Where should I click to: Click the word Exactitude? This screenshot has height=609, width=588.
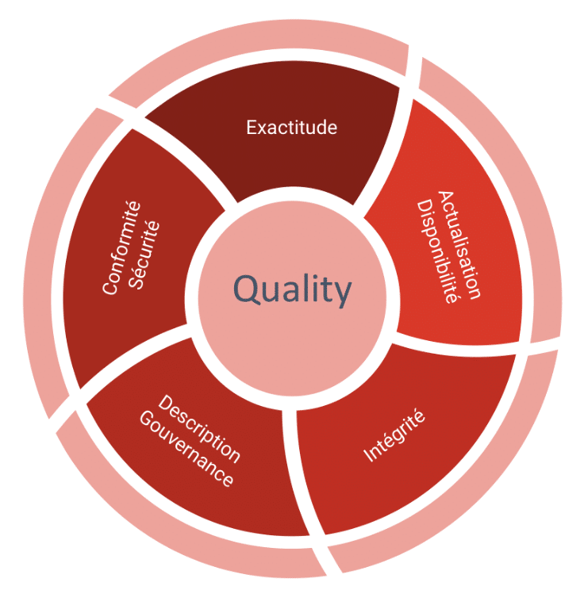[x=291, y=128]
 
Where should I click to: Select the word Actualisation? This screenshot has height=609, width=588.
[x=459, y=245]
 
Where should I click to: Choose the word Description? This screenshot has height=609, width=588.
[x=199, y=428]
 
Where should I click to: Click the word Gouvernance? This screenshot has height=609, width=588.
[x=186, y=449]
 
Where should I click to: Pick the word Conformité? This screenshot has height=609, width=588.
[x=121, y=247]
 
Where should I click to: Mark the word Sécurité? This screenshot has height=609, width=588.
[x=144, y=255]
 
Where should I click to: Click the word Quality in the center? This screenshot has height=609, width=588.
[x=292, y=289]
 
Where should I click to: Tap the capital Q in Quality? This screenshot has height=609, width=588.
[x=247, y=289]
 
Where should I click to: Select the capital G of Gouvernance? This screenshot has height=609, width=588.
[x=147, y=419]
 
